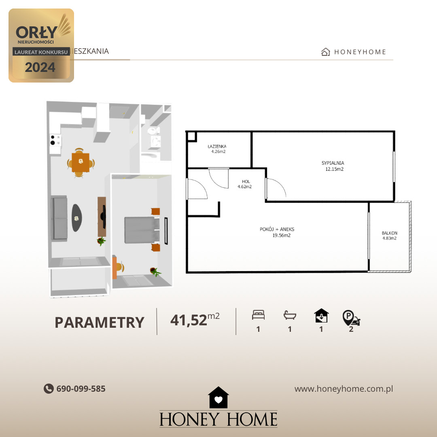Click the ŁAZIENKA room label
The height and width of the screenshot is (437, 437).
[217, 146]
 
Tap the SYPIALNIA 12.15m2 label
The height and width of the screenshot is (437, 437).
[333, 166]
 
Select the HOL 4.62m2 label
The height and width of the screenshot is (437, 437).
[245, 184]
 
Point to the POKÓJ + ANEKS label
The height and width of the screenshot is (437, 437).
[277, 229]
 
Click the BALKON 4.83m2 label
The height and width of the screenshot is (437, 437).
[389, 235]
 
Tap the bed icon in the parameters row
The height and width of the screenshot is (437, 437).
[258, 315]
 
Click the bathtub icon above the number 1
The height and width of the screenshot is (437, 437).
[290, 315]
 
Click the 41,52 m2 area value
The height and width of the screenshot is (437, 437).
[195, 320]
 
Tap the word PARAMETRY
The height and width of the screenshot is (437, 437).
[100, 322]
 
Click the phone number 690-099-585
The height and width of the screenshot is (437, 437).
[81, 389]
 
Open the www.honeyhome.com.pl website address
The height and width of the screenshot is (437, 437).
[344, 389]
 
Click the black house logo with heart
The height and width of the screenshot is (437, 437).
[218, 397]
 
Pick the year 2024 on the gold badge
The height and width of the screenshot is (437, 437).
[40, 67]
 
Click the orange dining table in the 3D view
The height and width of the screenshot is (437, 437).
[81, 162]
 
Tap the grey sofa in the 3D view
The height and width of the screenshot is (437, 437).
[59, 218]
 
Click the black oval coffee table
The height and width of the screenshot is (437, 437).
[76, 218]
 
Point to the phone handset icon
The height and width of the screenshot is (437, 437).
[49, 388]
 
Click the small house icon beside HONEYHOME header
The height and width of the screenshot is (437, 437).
[325, 52]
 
